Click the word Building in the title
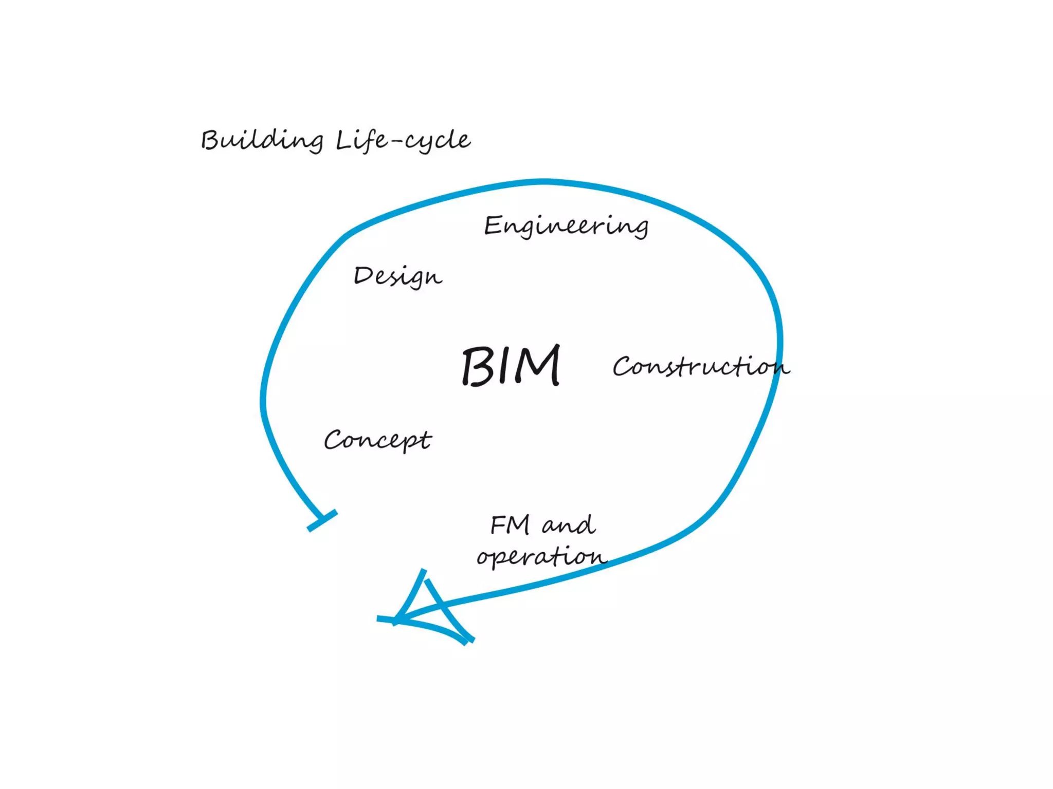coord(262,140)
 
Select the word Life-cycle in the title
coord(403,140)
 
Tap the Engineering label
coord(566,226)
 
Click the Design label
coord(397,276)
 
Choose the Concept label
coord(377,440)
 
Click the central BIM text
coord(511,366)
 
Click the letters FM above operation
coord(510,525)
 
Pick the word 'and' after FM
coord(569,525)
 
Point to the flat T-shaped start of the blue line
coord(322,520)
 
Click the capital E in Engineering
coord(493,226)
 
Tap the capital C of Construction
coord(624,367)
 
